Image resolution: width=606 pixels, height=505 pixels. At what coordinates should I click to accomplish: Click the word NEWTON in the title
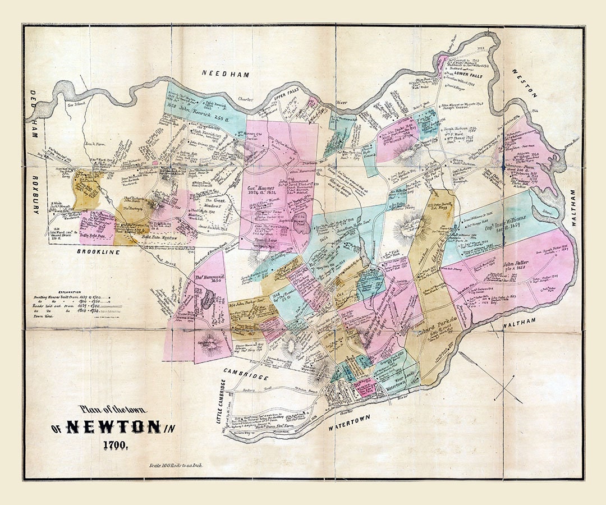112,428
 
